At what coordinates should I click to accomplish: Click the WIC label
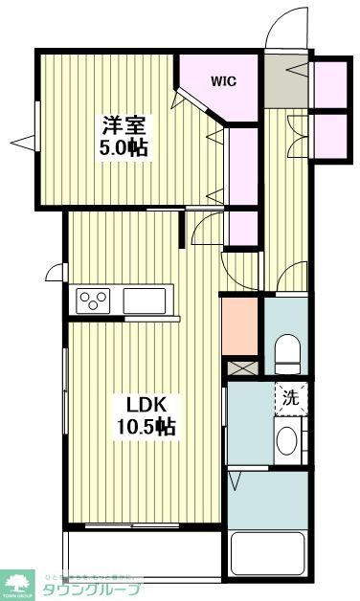224,81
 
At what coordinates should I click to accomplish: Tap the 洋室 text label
123,124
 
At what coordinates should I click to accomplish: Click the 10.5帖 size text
141,426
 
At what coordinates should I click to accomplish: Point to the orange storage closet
240,326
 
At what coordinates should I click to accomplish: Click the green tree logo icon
17,580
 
